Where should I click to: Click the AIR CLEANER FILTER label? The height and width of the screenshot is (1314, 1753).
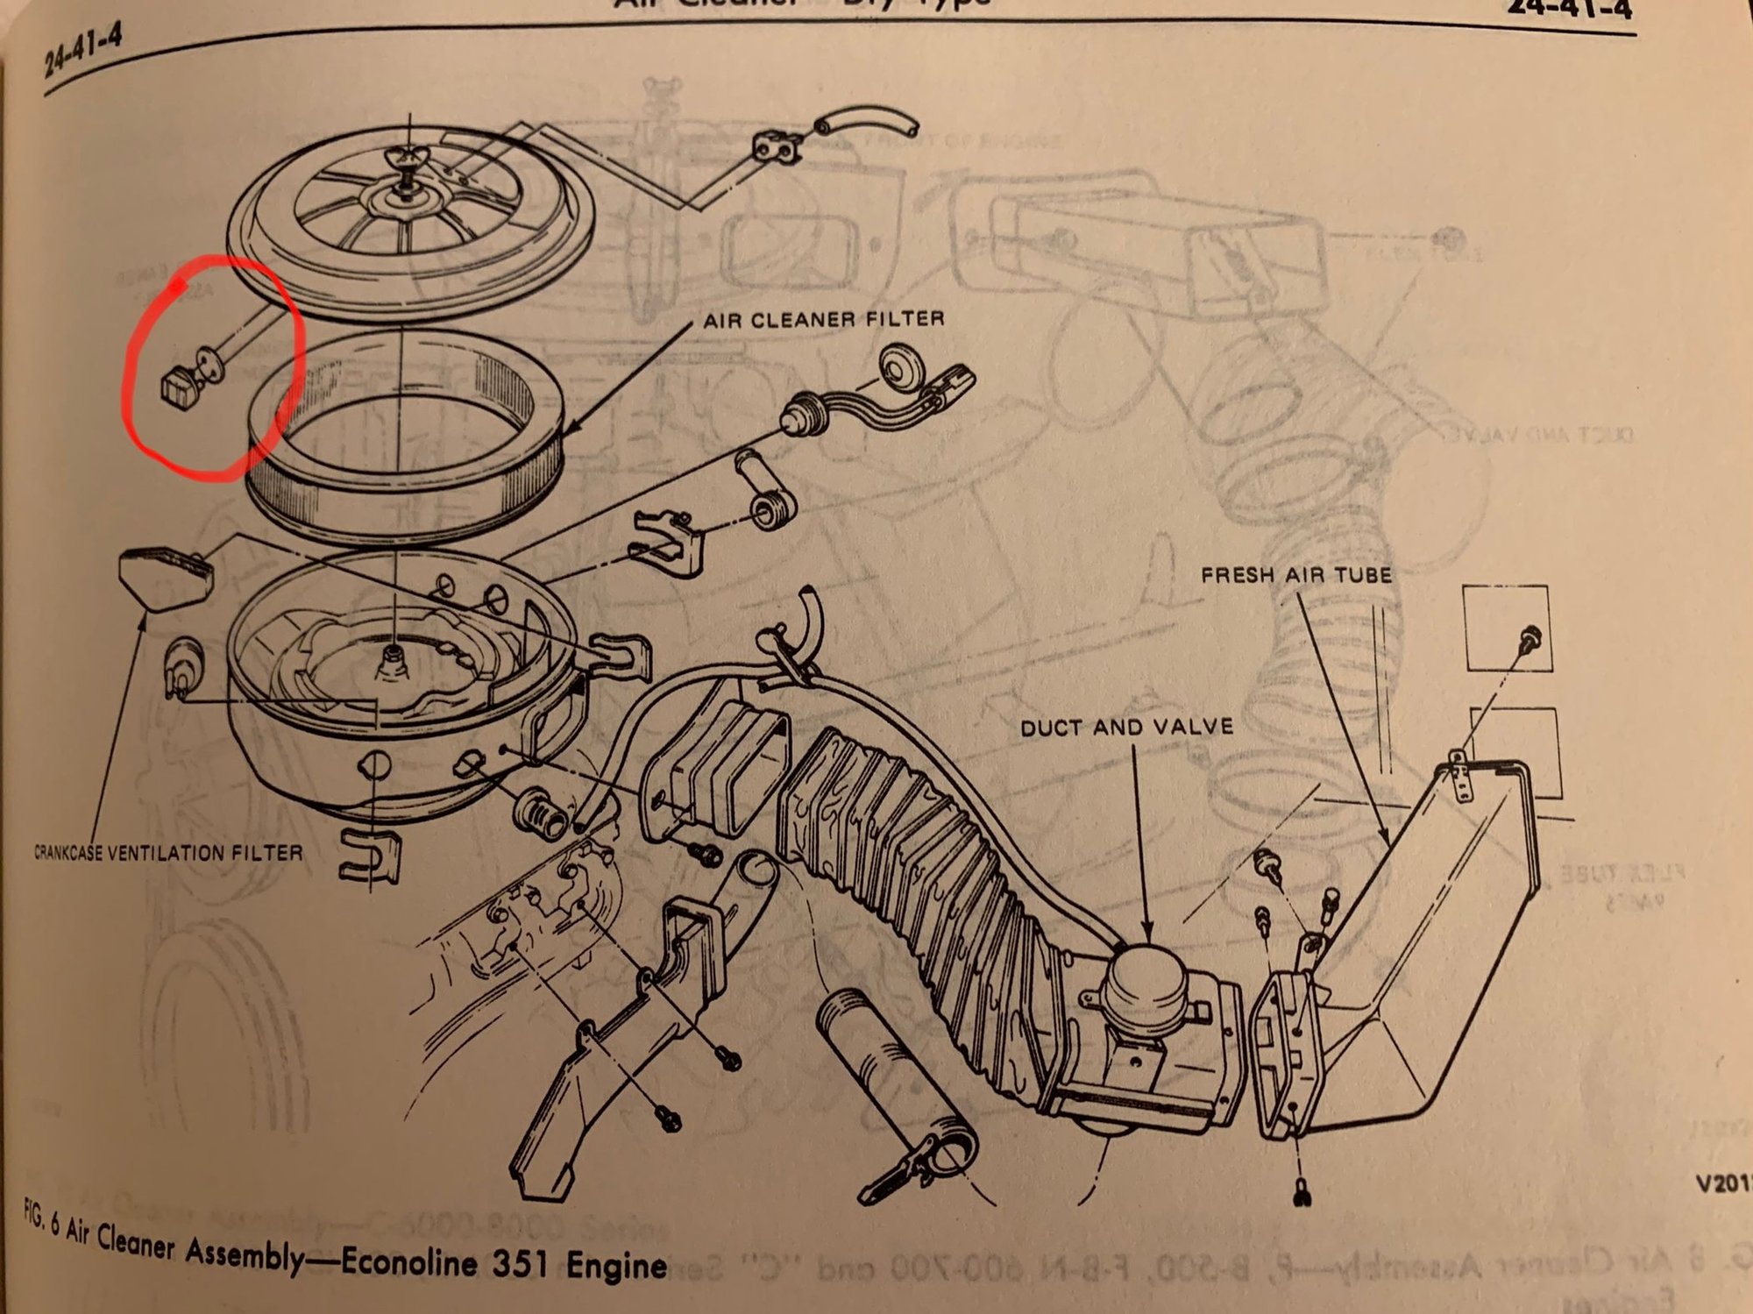coord(824,319)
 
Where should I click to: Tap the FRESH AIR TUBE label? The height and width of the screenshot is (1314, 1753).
coord(1295,575)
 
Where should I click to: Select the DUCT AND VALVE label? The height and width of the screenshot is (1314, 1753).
coord(1125,727)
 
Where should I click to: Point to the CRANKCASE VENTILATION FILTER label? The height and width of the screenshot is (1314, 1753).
coord(168,852)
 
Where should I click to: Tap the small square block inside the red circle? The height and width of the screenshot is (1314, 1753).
coord(178,387)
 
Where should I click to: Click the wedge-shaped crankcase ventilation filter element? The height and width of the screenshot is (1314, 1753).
coord(167,575)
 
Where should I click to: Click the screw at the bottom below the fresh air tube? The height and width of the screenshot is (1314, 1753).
coord(1302,1192)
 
